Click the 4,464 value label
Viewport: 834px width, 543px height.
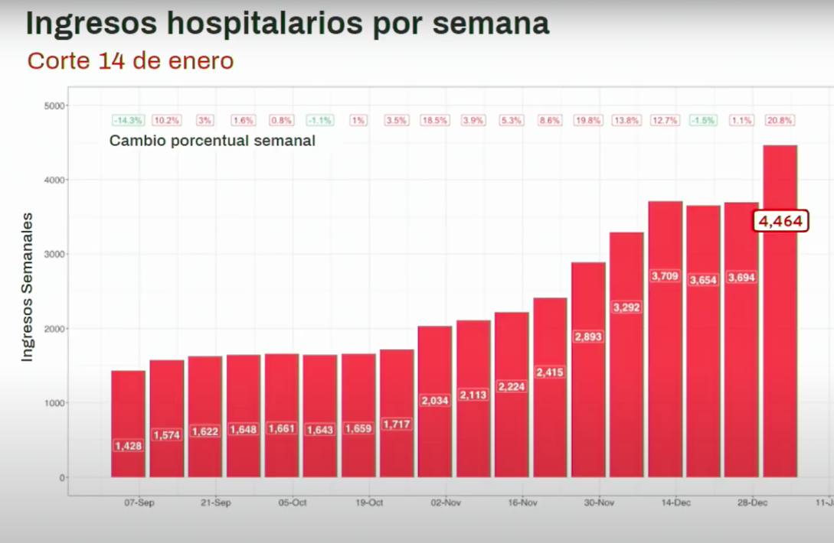[780, 222]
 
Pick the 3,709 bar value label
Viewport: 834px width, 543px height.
[665, 275]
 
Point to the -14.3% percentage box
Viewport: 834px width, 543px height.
[128, 120]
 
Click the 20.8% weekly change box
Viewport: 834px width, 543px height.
[780, 120]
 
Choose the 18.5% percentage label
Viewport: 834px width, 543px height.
[435, 120]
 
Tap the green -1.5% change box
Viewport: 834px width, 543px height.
[703, 120]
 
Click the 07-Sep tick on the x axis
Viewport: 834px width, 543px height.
[139, 502]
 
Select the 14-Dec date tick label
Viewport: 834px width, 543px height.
[676, 502]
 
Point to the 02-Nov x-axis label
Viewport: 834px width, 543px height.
[446, 502]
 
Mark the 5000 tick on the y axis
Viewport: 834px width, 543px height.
[55, 106]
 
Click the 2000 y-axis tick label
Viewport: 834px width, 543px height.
[55, 329]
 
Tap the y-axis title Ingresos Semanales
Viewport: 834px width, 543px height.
[27, 287]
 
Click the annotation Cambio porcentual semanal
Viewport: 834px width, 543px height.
[212, 141]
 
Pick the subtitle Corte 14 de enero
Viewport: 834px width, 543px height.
[130, 60]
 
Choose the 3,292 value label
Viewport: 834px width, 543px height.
[626, 307]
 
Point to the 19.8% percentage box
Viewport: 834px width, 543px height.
[588, 120]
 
